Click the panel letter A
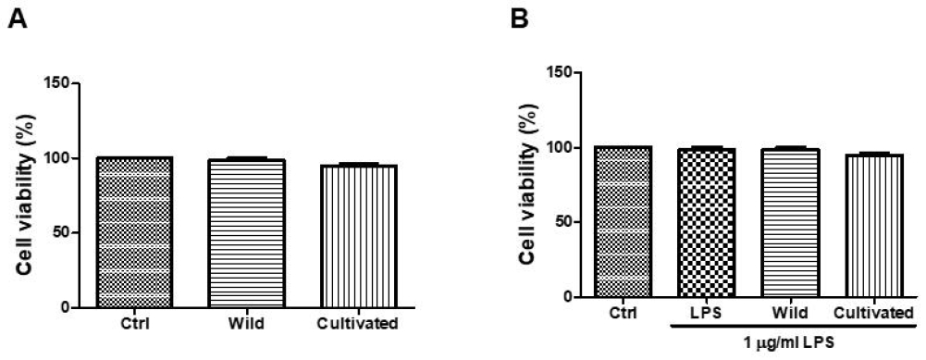click(15, 18)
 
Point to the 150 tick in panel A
click(65, 83)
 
